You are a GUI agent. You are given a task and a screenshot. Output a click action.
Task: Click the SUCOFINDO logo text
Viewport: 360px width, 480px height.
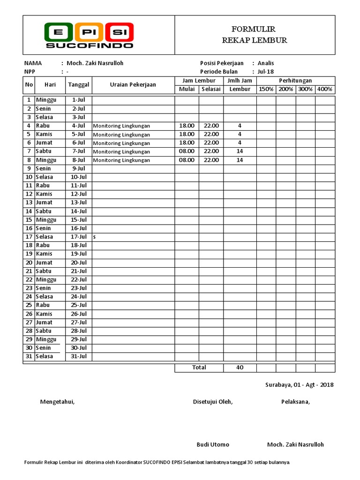point(89,45)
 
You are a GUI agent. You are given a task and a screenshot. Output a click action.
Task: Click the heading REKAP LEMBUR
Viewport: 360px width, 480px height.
point(255,40)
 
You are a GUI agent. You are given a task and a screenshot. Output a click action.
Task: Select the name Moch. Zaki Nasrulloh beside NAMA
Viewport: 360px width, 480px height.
point(95,63)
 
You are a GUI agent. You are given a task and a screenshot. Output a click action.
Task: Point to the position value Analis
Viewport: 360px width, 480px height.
point(266,63)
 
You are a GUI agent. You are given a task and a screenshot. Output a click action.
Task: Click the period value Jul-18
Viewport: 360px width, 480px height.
point(266,72)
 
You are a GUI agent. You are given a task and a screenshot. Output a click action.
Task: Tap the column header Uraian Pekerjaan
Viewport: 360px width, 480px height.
point(133,85)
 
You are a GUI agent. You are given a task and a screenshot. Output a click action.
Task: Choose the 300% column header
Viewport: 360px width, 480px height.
point(305,89)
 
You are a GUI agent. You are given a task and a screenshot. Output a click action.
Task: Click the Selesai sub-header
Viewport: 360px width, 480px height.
point(211,89)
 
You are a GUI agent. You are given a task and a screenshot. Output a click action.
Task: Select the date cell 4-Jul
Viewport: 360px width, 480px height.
point(78,126)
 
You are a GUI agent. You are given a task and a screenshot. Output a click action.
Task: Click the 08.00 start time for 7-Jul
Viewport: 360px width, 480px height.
point(187,151)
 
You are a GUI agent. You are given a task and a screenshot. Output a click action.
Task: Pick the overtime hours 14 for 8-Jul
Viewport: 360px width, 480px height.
point(240,160)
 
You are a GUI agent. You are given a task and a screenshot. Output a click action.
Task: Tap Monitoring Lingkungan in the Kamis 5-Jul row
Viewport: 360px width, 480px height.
point(121,135)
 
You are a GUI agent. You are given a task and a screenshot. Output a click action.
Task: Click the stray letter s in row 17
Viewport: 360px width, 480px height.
point(94,237)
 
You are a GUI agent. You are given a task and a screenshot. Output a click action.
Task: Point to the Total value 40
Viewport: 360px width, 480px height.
point(240,367)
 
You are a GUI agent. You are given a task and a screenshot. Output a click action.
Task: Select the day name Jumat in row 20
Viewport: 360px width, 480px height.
point(45,262)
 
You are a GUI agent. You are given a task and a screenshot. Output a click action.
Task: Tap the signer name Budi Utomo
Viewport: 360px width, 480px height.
point(213,444)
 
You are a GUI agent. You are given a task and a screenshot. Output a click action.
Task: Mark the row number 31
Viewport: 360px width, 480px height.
point(29,356)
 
